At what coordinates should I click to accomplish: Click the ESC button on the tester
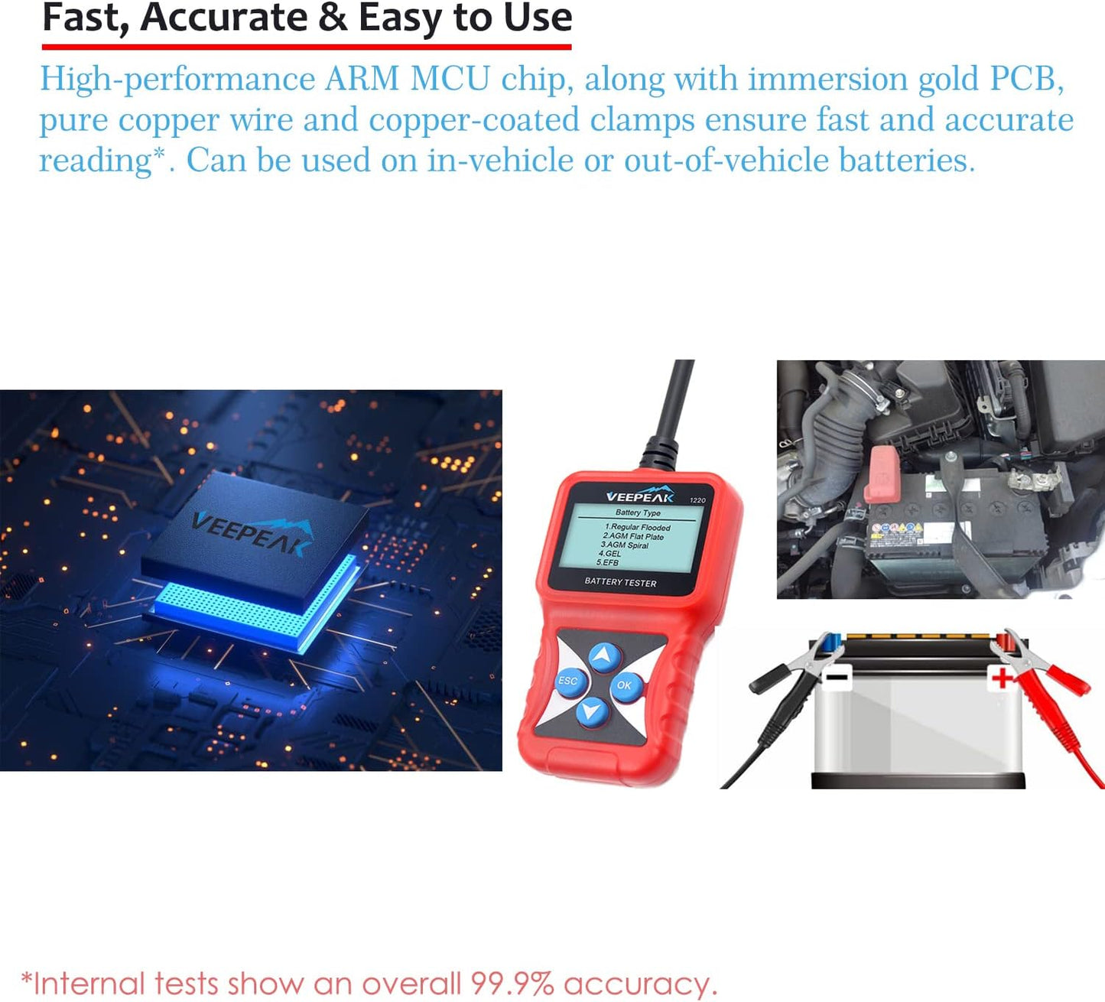tap(568, 682)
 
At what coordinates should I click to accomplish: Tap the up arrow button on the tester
tap(605, 656)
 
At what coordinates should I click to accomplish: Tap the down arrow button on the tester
tap(592, 711)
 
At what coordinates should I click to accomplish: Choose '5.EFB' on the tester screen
tap(608, 563)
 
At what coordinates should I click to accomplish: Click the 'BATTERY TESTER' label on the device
tap(620, 583)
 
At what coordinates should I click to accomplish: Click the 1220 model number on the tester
tap(697, 500)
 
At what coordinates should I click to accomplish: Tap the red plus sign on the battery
tap(1002, 677)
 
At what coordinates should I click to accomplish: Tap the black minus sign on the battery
tap(836, 677)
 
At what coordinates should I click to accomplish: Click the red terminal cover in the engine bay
tap(882, 473)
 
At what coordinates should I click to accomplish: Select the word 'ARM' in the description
tap(362, 79)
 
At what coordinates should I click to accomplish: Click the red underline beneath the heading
tap(307, 47)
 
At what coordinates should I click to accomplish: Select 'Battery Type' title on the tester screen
tap(638, 512)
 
